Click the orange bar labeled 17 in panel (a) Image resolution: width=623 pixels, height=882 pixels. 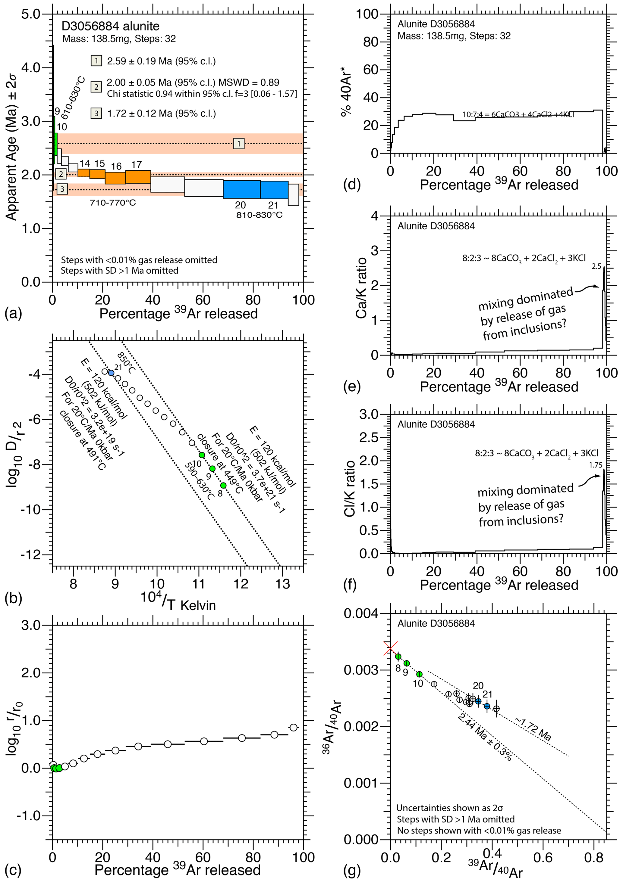click(138, 177)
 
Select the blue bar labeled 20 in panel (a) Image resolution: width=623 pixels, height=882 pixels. click(241, 189)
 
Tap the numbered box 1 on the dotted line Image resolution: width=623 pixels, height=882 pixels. click(239, 144)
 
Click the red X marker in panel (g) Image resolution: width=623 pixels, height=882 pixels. click(390, 648)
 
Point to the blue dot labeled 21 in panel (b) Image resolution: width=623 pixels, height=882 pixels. click(111, 373)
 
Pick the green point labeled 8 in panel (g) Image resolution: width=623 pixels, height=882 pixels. click(398, 657)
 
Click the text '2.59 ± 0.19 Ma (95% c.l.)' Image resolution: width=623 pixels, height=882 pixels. click(161, 61)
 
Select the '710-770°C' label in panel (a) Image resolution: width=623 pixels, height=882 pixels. click(113, 203)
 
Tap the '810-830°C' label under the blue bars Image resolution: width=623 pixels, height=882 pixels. click(259, 215)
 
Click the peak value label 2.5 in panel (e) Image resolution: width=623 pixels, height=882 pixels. click(596, 266)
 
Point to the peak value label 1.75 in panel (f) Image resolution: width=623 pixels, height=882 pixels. click(595, 465)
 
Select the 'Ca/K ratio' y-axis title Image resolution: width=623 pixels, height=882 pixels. click(361, 288)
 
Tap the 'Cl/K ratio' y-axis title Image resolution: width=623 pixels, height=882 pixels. click(350, 488)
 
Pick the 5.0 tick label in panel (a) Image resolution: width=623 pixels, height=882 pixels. click(31, 14)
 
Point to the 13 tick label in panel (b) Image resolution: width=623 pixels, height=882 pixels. click(282, 584)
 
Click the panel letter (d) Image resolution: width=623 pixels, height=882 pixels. click(351, 185)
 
